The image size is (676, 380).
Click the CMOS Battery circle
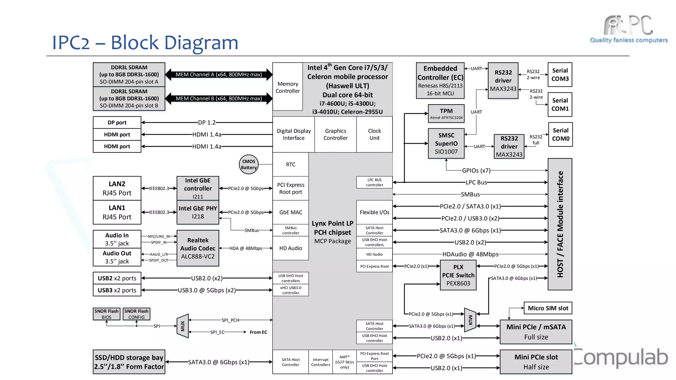point(249,164)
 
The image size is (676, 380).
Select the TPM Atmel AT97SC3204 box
point(446,113)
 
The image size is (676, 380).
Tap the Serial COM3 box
point(560,75)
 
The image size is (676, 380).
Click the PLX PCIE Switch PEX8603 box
point(458,275)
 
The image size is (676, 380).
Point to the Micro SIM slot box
point(548,308)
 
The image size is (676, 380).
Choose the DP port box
point(117,122)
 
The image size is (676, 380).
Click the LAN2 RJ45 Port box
point(117,188)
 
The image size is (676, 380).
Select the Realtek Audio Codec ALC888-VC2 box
point(198,248)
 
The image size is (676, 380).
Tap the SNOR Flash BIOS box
point(106,314)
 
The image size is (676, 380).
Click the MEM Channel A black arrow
point(219,75)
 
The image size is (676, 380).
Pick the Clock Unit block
point(374,134)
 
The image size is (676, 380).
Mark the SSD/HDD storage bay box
point(129,362)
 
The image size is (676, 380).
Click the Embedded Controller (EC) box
point(440,81)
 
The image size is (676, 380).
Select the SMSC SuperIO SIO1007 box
point(446,143)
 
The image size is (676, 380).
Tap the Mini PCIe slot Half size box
point(536,362)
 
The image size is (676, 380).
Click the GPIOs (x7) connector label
point(476,171)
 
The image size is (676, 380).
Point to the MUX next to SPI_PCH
point(183,326)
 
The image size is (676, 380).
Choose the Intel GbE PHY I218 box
point(198,212)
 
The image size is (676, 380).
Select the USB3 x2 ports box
point(117,290)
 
